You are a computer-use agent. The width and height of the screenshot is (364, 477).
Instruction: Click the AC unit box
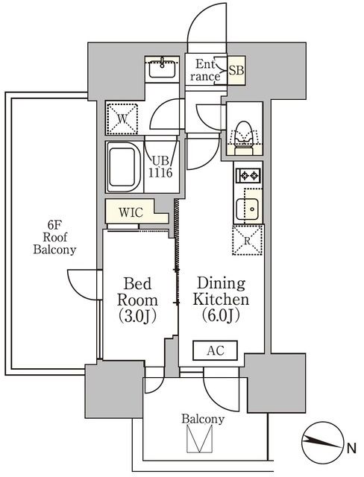tap(215, 350)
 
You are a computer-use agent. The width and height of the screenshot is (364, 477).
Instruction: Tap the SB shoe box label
tap(236, 70)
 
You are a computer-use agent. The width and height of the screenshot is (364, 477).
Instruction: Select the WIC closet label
tap(131, 212)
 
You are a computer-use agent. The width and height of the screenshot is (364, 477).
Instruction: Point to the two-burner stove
tap(248, 175)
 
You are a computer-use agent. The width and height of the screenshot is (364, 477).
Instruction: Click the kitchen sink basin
tap(248, 209)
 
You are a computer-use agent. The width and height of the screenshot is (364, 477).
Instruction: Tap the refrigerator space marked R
tap(248, 240)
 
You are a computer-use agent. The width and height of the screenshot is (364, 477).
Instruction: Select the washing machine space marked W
tap(122, 119)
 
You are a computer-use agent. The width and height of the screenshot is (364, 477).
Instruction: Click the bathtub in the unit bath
tap(124, 167)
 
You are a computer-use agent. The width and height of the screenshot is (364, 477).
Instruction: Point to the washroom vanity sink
tap(162, 68)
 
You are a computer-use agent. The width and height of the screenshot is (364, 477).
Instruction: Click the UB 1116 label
tap(160, 167)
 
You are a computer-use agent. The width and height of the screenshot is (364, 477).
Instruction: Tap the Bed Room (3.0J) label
tap(137, 300)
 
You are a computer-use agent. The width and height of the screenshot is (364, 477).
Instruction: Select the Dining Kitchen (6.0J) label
tap(221, 300)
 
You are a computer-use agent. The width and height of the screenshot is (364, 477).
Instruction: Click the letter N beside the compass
tap(352, 449)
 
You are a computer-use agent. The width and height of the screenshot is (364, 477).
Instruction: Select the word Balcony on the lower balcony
tap(203, 419)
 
